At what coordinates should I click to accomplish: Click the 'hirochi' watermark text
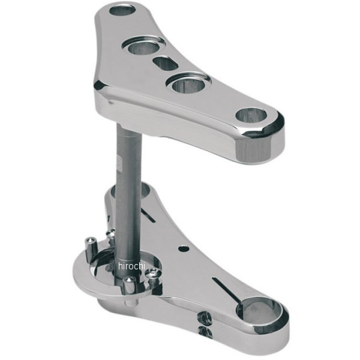click(132, 266)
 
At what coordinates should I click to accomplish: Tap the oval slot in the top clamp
click(166, 63)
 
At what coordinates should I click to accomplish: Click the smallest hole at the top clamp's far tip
click(122, 11)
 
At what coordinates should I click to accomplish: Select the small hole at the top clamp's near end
click(251, 115)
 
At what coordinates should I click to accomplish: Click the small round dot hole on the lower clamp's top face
click(184, 248)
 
